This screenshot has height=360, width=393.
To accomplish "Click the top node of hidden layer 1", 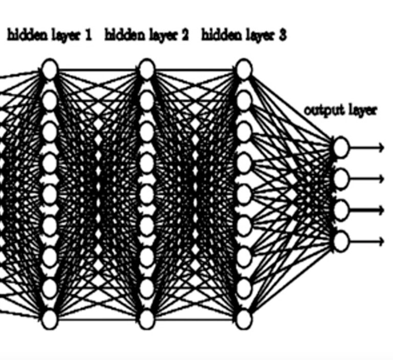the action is click(50, 69).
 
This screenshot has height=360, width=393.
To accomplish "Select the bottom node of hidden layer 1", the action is click(50, 320).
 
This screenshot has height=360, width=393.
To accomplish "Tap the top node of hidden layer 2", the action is click(147, 69).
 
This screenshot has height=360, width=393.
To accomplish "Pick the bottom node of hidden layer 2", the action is click(147, 320).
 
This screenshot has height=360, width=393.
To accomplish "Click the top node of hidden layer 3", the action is click(244, 69).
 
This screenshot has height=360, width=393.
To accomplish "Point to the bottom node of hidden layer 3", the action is click(244, 320).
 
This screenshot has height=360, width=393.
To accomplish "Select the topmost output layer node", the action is click(341, 147).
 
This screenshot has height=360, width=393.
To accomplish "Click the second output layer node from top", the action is click(341, 179).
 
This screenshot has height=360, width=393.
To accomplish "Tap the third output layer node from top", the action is click(341, 210).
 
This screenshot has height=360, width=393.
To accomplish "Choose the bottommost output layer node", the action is click(341, 241).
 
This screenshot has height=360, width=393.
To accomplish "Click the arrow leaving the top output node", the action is click(366, 147).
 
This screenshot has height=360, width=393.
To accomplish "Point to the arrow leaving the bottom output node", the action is click(366, 241).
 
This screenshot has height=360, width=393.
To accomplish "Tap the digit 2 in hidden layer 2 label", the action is click(184, 35).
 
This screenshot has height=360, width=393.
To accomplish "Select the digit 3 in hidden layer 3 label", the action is click(282, 35).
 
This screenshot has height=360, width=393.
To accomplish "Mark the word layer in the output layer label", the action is click(363, 110).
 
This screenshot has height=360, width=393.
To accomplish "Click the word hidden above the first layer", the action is click(27, 35).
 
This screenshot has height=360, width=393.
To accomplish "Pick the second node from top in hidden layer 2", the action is click(147, 100).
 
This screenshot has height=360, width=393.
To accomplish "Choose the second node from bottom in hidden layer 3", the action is click(244, 288).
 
